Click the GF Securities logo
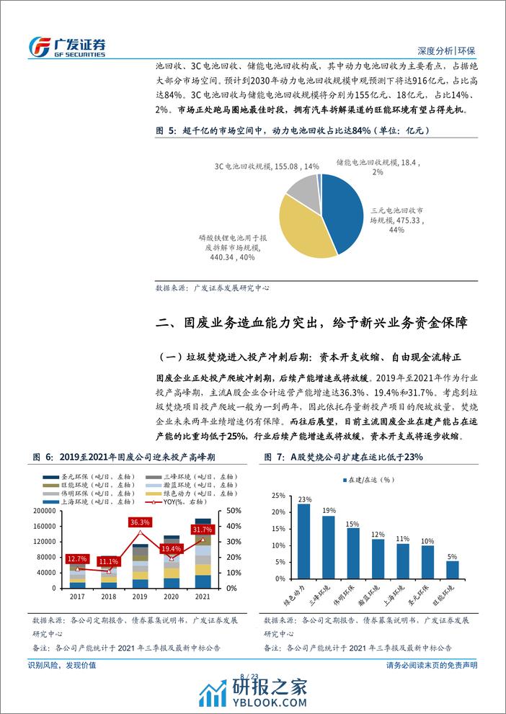66,46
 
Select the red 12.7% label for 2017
76,558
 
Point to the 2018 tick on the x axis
110,597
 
